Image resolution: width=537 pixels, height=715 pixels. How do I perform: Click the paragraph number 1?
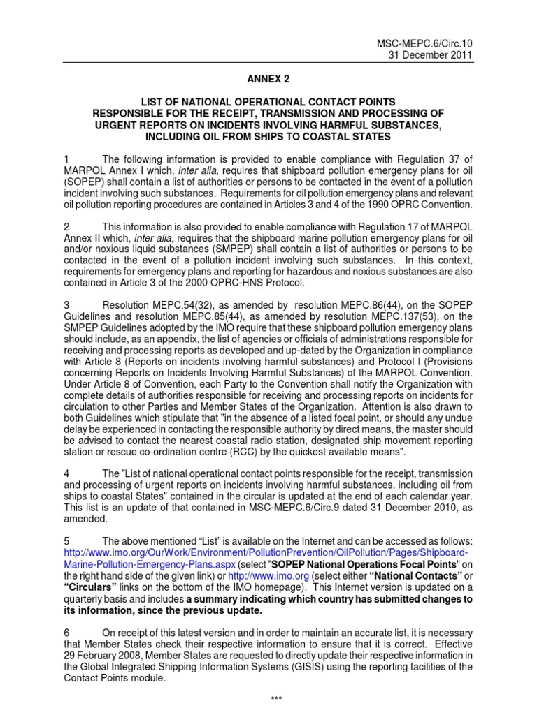tap(66, 161)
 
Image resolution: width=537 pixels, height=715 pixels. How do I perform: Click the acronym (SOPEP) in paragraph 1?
tap(85, 183)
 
